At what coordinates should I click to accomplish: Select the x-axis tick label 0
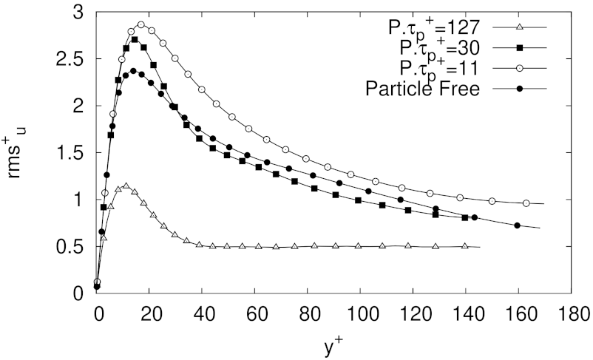coord(97,311)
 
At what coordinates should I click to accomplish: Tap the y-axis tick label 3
coord(81,13)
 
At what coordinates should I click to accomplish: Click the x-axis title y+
coord(332,344)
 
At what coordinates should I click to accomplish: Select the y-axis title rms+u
coord(18,153)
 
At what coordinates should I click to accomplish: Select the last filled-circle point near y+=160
coord(517,225)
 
